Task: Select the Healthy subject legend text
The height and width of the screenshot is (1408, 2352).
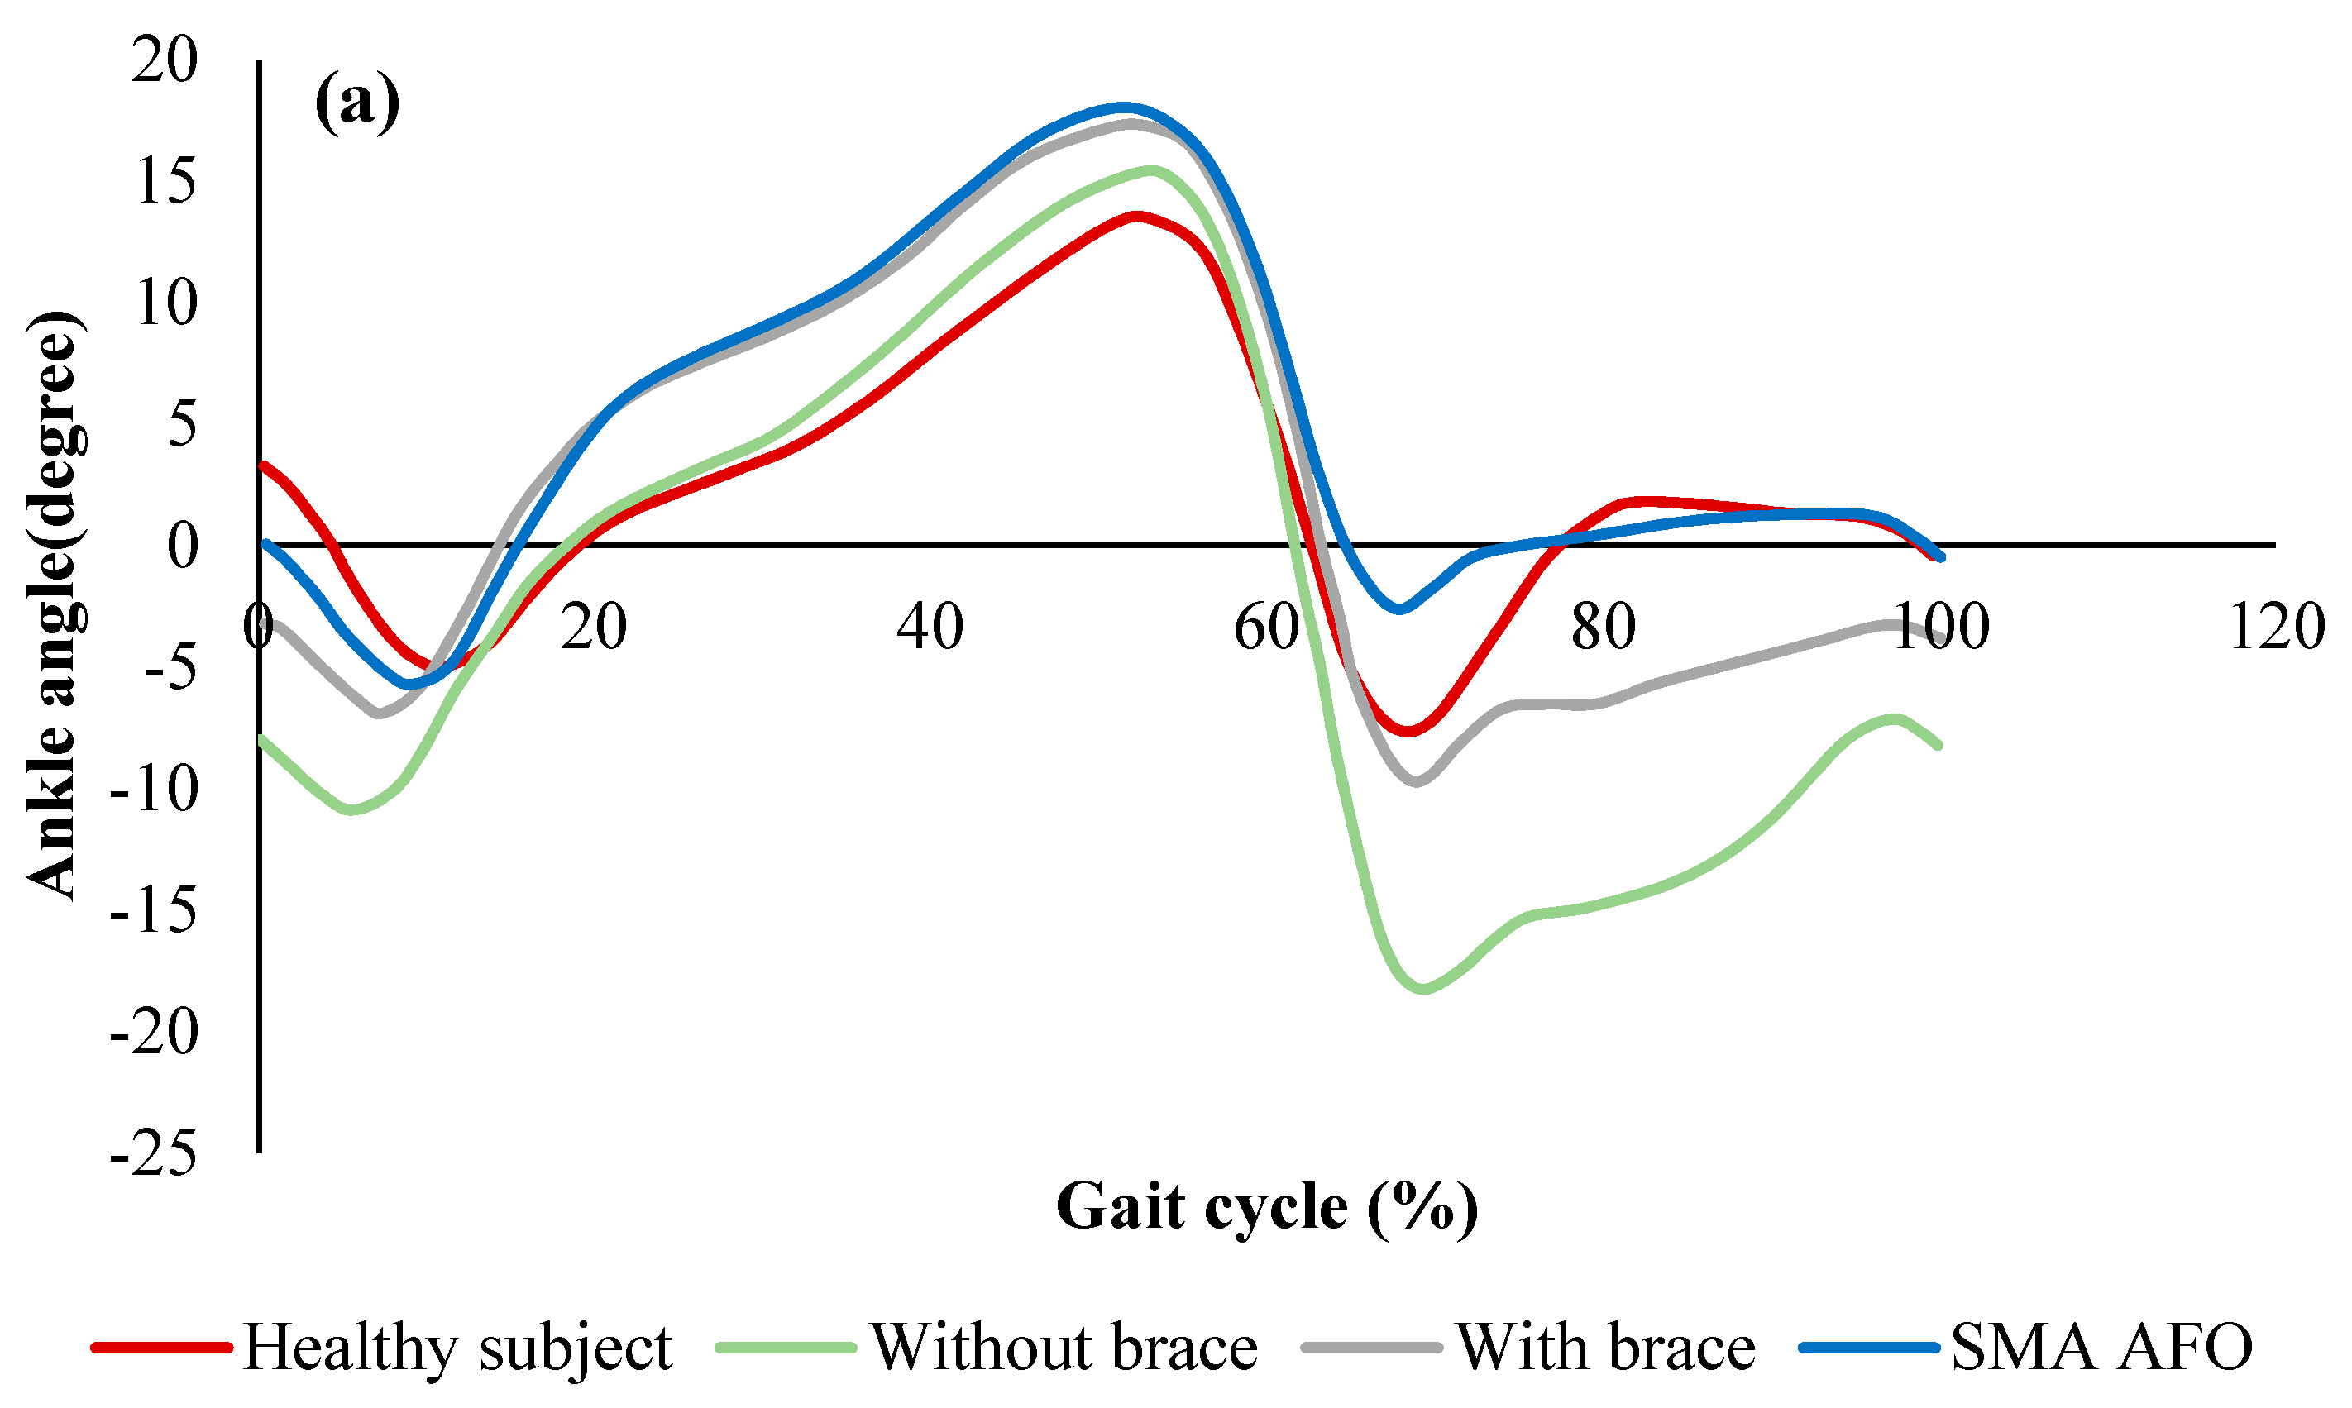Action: pos(457,1348)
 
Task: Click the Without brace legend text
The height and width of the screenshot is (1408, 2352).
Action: pos(1064,1348)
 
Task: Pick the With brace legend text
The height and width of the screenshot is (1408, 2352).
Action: pos(1606,1348)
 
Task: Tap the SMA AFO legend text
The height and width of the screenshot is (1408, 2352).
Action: pos(2101,1348)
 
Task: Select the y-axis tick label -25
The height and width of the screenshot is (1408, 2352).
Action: pos(154,1155)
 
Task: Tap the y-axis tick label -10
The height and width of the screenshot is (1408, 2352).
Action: pos(154,790)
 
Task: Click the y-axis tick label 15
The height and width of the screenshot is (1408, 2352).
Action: pos(166,181)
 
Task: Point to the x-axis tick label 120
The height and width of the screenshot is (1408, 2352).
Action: pos(2276,628)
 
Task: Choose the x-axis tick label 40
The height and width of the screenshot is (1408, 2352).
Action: pos(930,628)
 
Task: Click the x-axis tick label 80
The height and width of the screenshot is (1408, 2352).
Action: pos(1604,628)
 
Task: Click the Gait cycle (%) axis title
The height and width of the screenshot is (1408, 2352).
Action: pos(1267,1208)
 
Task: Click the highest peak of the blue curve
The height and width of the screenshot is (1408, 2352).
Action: pos(1123,107)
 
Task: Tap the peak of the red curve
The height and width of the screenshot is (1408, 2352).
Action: pos(1135,215)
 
